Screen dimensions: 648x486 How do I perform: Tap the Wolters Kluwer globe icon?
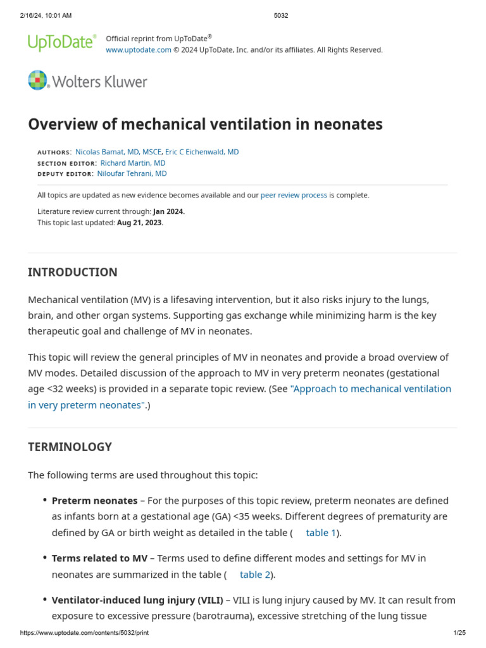[x=38, y=80]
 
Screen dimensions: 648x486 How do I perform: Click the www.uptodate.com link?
[x=138, y=50]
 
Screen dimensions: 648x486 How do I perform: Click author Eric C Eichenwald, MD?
[x=202, y=152]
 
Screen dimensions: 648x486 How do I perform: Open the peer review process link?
[x=294, y=195]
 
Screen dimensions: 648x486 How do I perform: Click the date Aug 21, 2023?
[x=139, y=222]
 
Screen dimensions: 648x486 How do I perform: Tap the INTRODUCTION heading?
[x=73, y=272]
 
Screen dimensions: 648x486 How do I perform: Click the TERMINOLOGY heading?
[x=70, y=447]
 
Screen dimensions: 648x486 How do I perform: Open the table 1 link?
[x=321, y=533]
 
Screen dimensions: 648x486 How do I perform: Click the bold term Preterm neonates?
[x=94, y=500]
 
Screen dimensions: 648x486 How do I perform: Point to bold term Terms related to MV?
[x=99, y=558]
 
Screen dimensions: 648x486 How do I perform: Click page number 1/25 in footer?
[x=459, y=633]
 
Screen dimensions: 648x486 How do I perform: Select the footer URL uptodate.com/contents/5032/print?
[x=85, y=633]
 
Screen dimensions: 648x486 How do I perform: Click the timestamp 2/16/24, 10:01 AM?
[x=46, y=15]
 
